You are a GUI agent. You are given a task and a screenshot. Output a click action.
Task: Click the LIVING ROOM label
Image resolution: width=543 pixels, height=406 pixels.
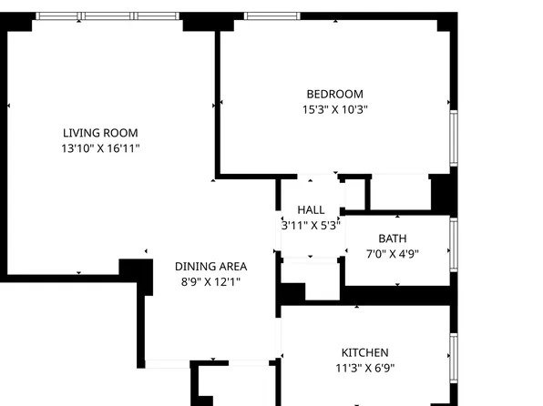click(x=100, y=132)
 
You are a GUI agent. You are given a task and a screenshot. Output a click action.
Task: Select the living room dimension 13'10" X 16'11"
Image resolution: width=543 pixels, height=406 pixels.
click(x=100, y=147)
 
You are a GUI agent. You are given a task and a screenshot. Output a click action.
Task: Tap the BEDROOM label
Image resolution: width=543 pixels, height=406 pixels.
click(x=334, y=94)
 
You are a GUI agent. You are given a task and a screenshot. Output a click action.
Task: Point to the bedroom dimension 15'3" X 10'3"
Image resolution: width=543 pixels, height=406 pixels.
click(x=334, y=109)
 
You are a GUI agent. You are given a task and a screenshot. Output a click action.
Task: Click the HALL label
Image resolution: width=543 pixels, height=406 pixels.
click(x=311, y=209)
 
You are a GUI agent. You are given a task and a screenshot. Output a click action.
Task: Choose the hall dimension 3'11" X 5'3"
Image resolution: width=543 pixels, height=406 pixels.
click(x=311, y=225)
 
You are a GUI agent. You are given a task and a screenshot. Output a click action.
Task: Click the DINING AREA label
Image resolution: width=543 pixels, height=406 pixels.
click(x=210, y=267)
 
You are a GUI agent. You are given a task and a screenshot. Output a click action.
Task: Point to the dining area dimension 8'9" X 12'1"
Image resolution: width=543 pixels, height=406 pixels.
click(x=210, y=282)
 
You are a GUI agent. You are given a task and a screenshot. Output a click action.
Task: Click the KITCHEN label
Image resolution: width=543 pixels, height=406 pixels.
click(x=364, y=352)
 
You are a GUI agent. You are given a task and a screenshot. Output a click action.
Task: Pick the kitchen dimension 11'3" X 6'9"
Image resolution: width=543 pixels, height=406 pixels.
click(x=364, y=368)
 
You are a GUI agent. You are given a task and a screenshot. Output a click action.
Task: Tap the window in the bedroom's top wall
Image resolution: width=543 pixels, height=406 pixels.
click(x=273, y=16)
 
